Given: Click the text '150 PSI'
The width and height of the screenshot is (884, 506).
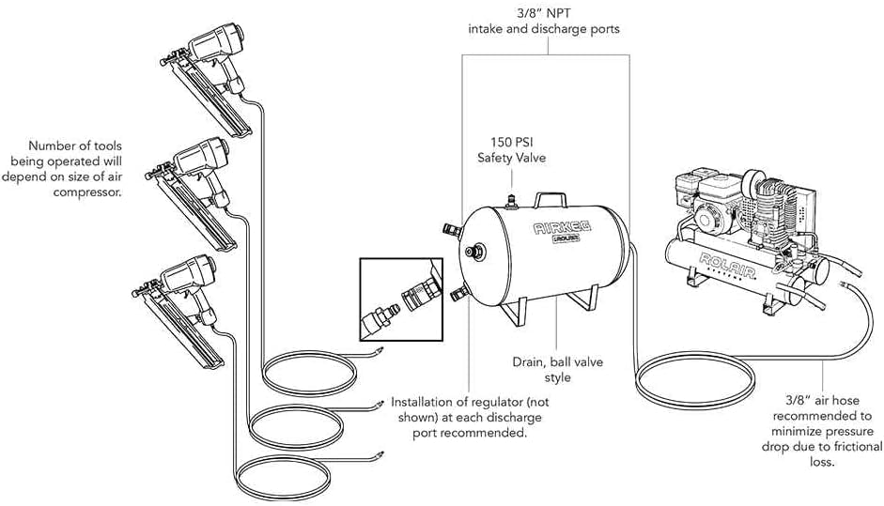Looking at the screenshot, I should [511, 142].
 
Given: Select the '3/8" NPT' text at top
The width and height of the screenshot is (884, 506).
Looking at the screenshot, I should [544, 13].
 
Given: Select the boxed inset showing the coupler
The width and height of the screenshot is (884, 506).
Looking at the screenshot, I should [401, 299].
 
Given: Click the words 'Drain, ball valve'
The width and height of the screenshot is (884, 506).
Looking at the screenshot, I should [556, 361].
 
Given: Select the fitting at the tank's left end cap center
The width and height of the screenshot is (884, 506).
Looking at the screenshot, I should [479, 251].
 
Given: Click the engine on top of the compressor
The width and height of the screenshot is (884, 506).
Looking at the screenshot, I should [715, 201].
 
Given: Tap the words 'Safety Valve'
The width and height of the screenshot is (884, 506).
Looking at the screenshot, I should [511, 159].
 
